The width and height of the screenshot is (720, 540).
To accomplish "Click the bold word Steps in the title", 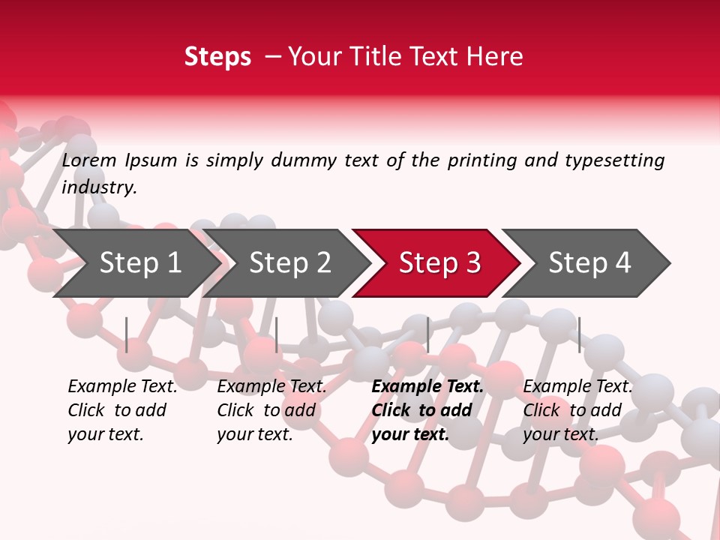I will click(x=217, y=57).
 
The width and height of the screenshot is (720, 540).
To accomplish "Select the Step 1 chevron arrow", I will click(x=135, y=263).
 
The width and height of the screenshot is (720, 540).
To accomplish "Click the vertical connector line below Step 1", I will click(x=127, y=334).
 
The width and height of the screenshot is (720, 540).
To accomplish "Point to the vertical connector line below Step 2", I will click(x=277, y=334).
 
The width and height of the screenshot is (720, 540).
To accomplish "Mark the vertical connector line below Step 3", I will click(x=427, y=334).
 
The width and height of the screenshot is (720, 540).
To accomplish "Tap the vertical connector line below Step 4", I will click(x=579, y=334).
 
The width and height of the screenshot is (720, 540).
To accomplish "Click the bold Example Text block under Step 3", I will click(x=427, y=410).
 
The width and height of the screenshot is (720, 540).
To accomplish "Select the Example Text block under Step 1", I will click(x=122, y=410).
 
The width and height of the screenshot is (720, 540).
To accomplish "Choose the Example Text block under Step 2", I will click(x=271, y=410).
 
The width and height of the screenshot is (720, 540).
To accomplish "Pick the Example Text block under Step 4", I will click(x=577, y=410).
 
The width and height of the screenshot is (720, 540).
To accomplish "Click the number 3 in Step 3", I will click(x=472, y=263).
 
